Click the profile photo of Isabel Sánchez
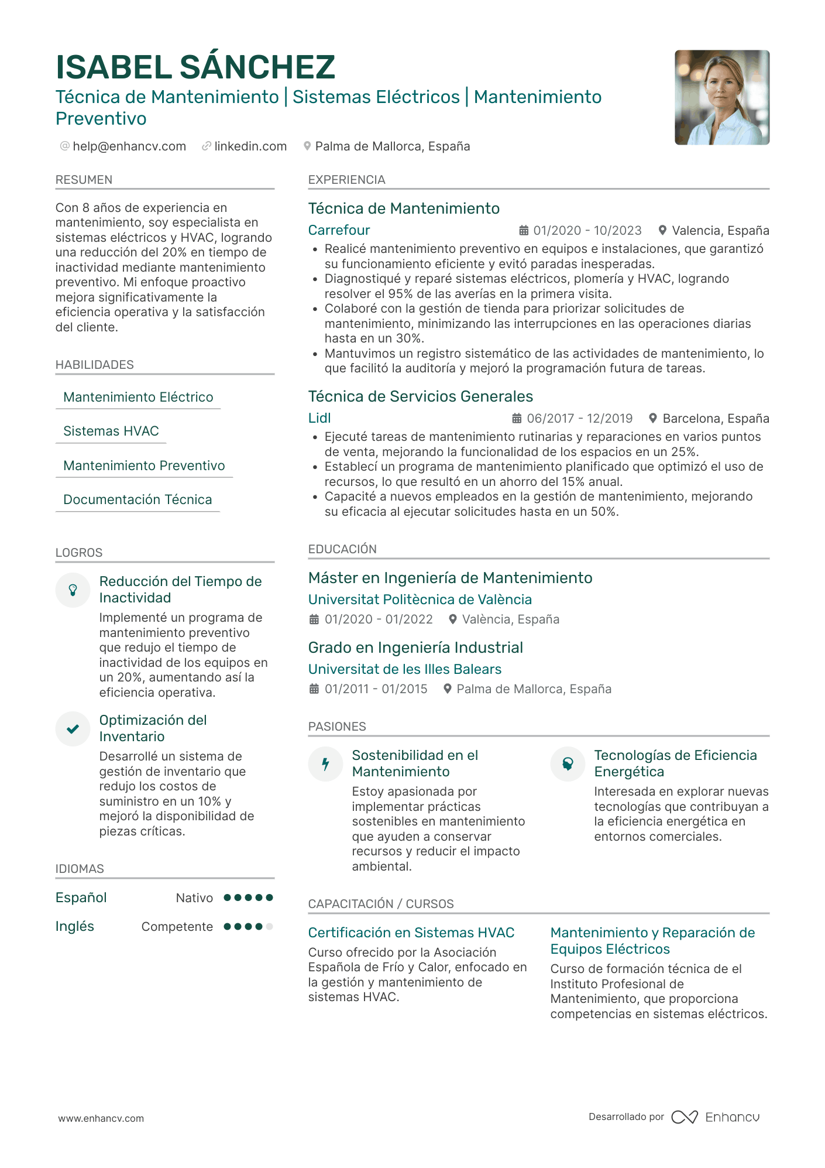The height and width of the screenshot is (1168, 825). (x=721, y=97)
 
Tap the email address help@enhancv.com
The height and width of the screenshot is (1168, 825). (x=129, y=146)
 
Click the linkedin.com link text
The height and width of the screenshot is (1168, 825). (x=250, y=146)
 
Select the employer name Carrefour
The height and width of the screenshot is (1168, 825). (x=339, y=230)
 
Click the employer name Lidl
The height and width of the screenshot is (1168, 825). (x=319, y=418)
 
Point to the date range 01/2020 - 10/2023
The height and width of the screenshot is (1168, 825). (x=587, y=231)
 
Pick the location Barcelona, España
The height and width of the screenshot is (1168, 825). (x=715, y=419)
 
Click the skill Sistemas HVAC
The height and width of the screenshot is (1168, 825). (x=111, y=431)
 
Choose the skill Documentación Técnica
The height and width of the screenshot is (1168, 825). (x=137, y=499)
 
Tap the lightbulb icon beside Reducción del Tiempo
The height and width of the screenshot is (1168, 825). (x=73, y=590)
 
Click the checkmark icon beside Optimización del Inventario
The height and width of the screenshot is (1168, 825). (x=73, y=729)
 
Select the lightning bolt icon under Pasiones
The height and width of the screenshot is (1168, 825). (x=325, y=763)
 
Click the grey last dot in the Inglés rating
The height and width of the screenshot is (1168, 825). (x=269, y=926)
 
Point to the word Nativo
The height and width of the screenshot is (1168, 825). (x=194, y=898)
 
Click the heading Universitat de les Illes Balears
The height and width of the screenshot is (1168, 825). (x=404, y=669)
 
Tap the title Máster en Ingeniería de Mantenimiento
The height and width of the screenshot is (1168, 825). (x=450, y=578)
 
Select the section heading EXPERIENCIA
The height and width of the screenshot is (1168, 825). (x=346, y=180)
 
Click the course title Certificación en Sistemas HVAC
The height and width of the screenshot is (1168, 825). (x=411, y=933)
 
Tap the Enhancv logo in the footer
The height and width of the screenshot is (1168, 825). (x=715, y=1117)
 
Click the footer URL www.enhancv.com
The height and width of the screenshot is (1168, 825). (x=101, y=1118)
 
